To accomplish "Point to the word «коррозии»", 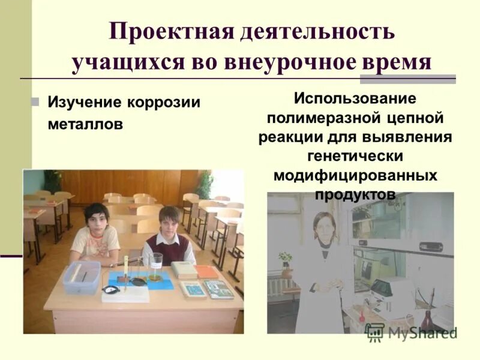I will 163,103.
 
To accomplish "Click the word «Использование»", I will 355,98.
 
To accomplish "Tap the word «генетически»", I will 355,156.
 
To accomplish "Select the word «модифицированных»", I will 355,176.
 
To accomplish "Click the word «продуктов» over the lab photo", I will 355,195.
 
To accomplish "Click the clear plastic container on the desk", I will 82,277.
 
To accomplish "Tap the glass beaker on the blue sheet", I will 155,267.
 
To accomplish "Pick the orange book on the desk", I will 207,271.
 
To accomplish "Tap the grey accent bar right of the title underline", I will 408,79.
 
